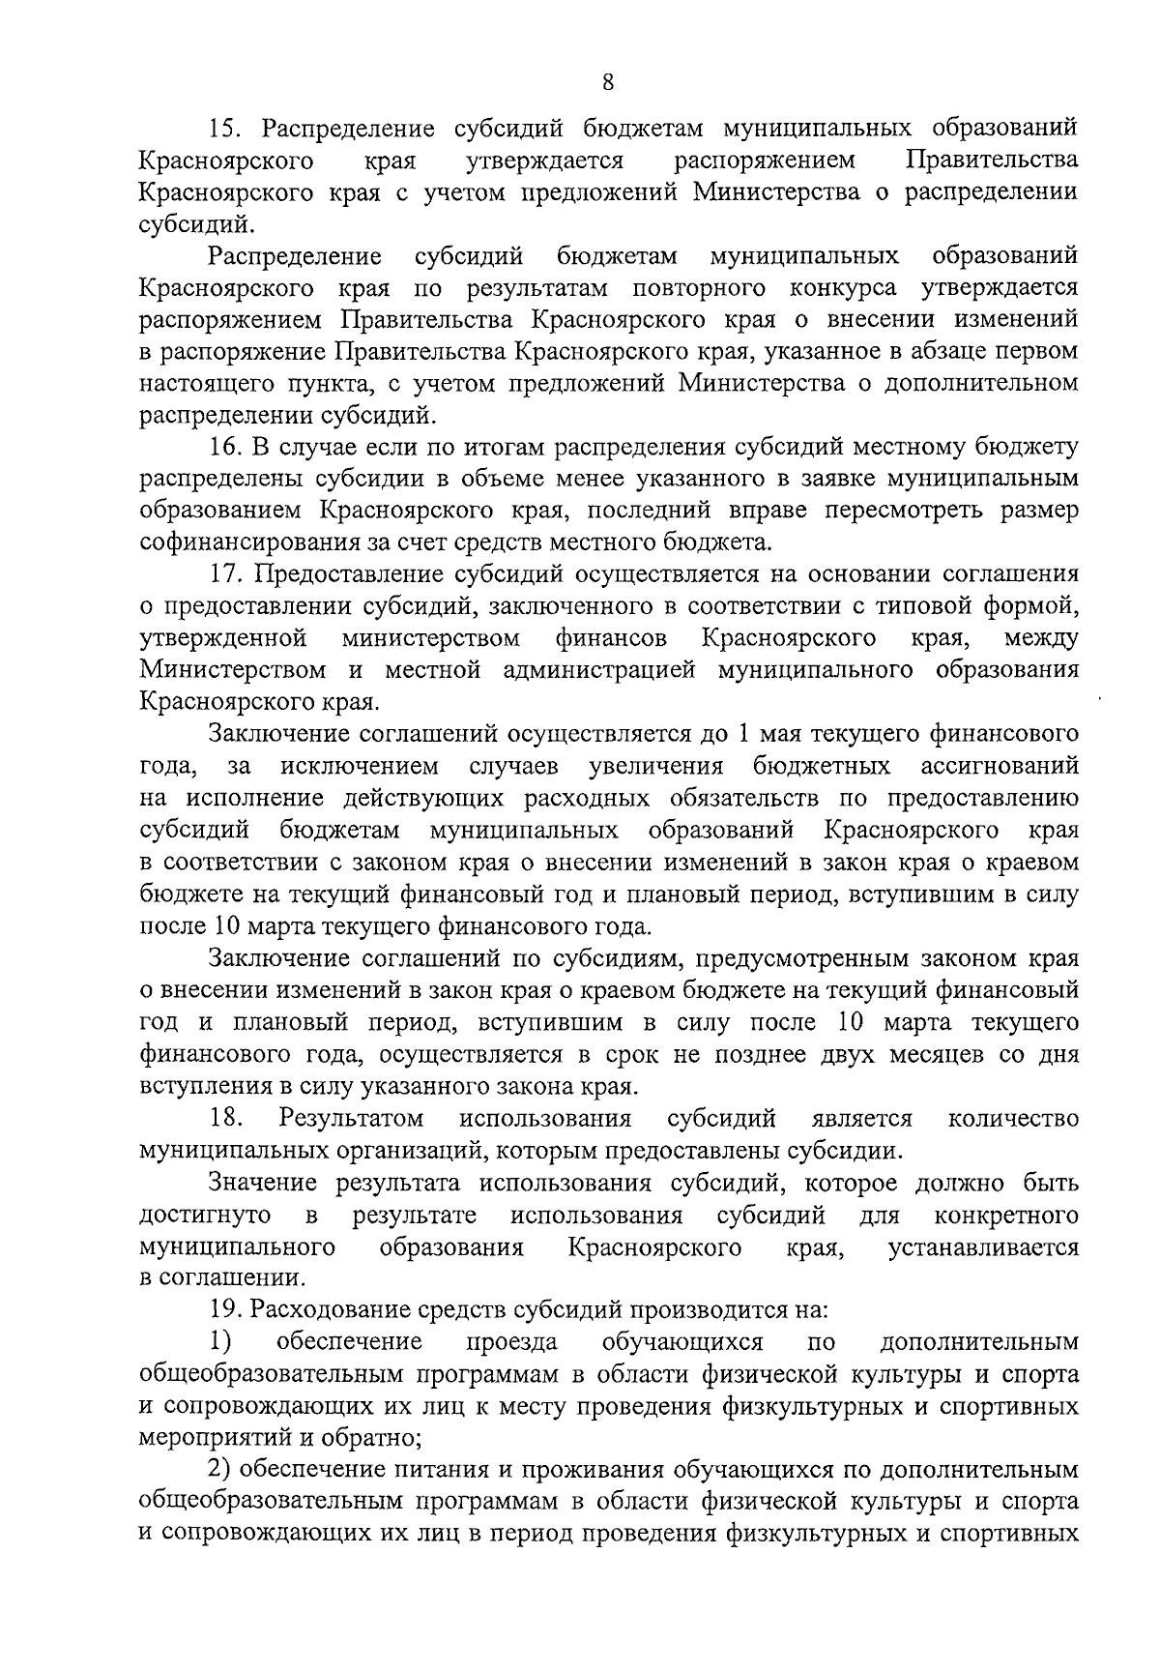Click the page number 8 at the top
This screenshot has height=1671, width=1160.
(x=607, y=82)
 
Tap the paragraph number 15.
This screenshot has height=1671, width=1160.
(x=225, y=129)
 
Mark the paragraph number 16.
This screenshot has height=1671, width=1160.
(x=225, y=448)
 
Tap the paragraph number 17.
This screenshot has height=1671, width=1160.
(x=225, y=574)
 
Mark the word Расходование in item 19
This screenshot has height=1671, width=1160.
(x=335, y=1310)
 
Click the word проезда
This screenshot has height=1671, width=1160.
(x=511, y=1342)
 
